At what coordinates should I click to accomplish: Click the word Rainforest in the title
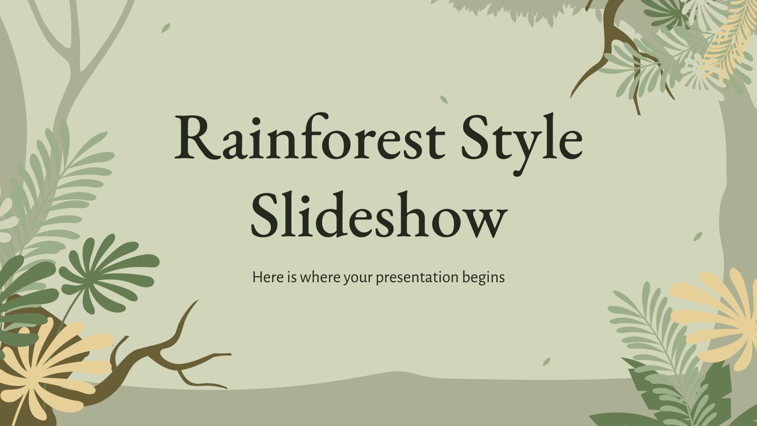[x=309, y=137]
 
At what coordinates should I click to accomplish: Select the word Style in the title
[x=522, y=144]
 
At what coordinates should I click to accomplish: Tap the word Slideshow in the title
[x=379, y=213]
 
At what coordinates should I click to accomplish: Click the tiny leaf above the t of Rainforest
[x=444, y=99]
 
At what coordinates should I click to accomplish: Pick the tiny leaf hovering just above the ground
[x=546, y=362]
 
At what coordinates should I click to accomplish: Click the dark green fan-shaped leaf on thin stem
[x=109, y=274]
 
